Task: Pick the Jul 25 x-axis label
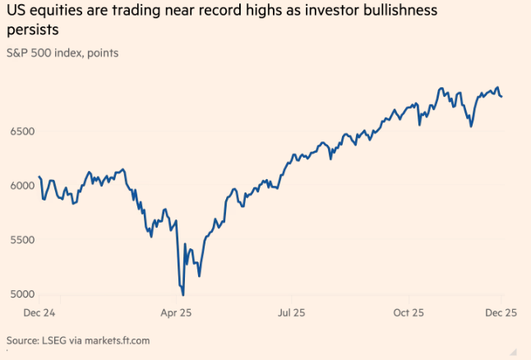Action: (x=292, y=313)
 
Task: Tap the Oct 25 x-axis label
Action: (x=408, y=313)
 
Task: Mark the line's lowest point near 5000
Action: (x=182, y=295)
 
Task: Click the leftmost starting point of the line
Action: (x=39, y=177)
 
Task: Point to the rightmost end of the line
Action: (x=502, y=96)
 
